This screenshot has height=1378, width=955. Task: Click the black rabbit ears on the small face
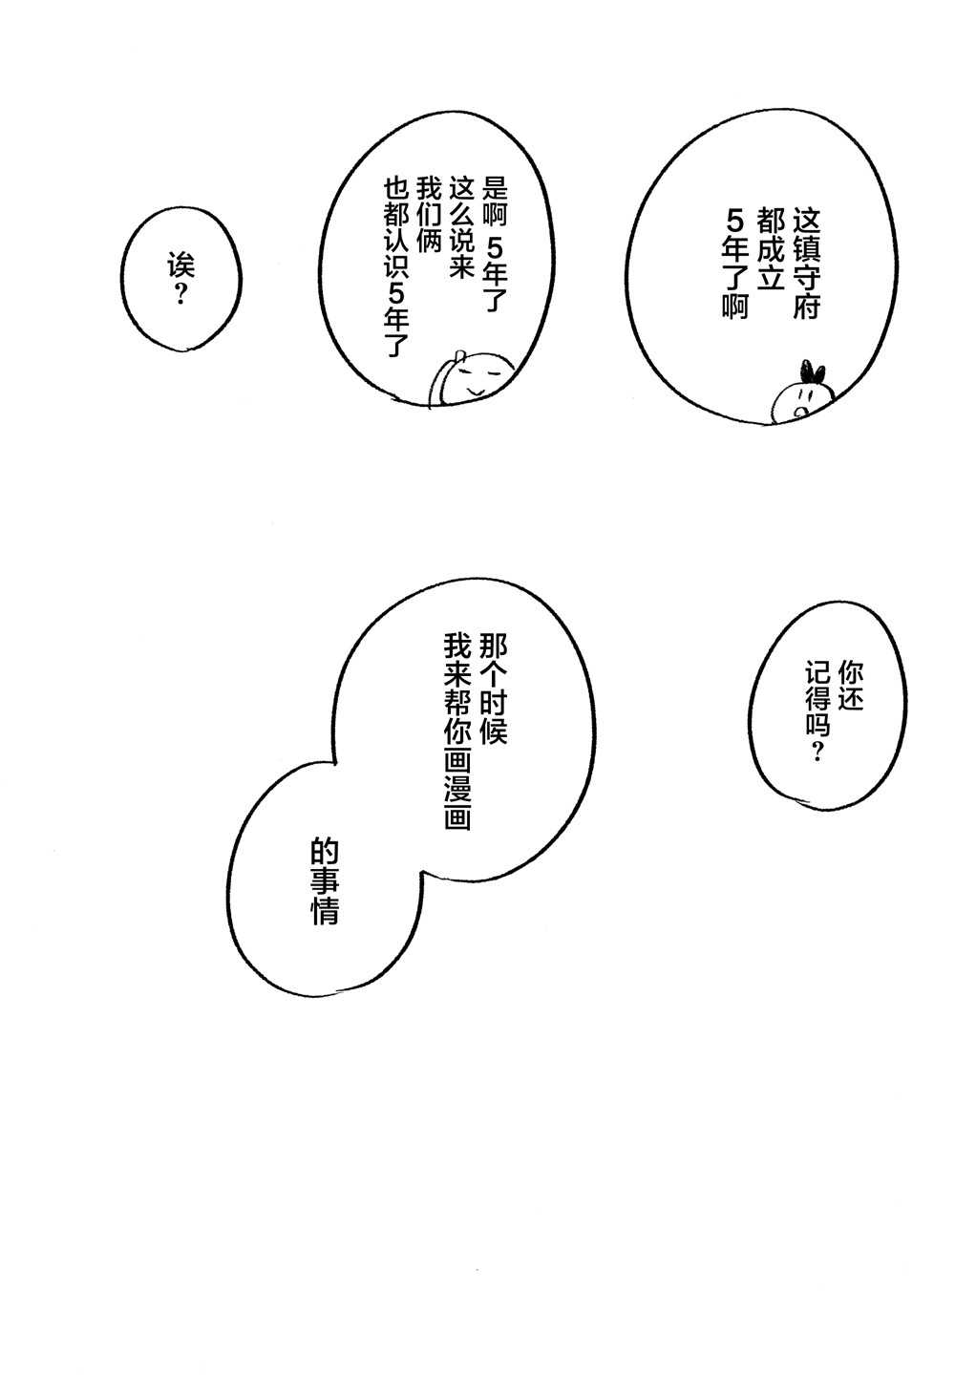(813, 372)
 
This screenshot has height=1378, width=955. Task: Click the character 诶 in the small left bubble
(180, 265)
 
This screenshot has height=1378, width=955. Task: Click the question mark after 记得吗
(817, 752)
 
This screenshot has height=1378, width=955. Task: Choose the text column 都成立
(771, 249)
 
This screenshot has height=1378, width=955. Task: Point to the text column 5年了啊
(735, 264)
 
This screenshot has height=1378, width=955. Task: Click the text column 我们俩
(429, 214)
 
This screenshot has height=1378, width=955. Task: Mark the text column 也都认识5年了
(395, 267)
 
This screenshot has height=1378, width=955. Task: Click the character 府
(807, 306)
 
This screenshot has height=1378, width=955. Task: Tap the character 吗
(817, 723)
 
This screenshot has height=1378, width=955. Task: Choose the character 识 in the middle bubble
(395, 272)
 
